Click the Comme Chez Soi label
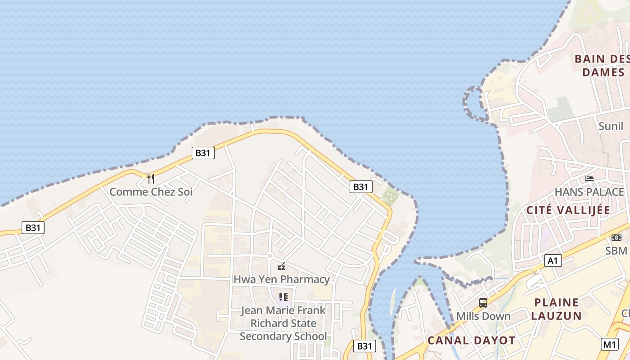click(151, 192)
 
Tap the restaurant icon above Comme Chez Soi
click(151, 179)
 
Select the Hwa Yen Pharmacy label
click(281, 279)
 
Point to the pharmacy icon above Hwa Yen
click(281, 266)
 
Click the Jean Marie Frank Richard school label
click(283, 323)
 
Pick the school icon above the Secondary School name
click(283, 297)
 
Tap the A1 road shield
click(553, 261)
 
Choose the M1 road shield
click(610, 345)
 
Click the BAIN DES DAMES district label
click(603, 66)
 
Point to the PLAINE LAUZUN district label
click(557, 309)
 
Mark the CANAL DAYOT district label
click(471, 341)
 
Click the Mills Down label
click(483, 316)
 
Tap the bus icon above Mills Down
click(483, 303)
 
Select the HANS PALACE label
click(589, 192)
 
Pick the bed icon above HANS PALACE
click(589, 179)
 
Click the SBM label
click(616, 251)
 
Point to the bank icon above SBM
click(616, 238)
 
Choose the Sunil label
click(611, 126)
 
